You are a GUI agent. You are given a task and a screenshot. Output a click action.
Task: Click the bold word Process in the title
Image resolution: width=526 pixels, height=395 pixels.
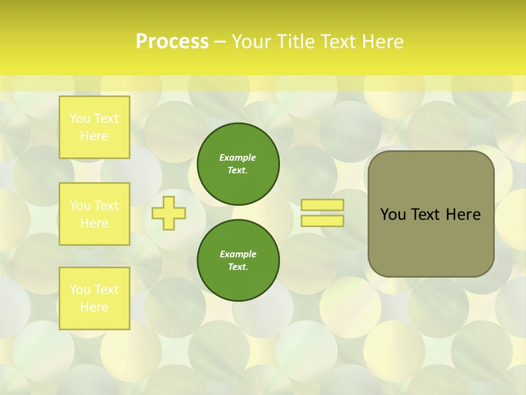(x=172, y=42)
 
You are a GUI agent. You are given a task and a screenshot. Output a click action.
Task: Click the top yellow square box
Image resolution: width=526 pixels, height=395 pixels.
(x=94, y=127)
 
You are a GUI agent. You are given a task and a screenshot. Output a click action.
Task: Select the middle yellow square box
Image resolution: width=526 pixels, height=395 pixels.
(x=94, y=214)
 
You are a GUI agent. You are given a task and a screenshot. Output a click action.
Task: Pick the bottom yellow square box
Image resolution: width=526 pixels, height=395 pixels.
(x=94, y=298)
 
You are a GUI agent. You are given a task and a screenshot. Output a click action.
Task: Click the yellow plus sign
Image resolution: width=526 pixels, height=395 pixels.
(x=168, y=213)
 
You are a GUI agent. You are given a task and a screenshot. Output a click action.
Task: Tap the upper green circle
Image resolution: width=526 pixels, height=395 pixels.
(x=238, y=164)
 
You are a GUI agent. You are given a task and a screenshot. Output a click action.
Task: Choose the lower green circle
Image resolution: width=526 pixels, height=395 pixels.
(x=238, y=261)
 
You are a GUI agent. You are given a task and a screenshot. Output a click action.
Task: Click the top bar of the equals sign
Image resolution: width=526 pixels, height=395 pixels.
(x=323, y=205)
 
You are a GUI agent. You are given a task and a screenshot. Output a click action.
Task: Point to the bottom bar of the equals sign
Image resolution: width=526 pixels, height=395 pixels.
(x=323, y=221)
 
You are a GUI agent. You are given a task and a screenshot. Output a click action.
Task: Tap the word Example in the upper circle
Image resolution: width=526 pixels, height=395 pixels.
(x=238, y=158)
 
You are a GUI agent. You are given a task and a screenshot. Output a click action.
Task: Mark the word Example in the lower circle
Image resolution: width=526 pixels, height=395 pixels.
(x=238, y=255)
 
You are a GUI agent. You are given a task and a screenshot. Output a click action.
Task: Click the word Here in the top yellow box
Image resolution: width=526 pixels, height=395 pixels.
(x=94, y=136)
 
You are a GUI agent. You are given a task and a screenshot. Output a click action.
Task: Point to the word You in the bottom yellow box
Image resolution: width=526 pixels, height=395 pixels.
(x=80, y=290)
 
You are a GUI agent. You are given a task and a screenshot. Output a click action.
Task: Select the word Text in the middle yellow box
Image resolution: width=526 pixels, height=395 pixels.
(x=106, y=206)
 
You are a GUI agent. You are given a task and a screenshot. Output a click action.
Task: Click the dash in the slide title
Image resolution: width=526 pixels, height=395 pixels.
(x=220, y=42)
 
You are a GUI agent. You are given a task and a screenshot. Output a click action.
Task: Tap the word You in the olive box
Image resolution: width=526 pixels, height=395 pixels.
(x=393, y=215)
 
